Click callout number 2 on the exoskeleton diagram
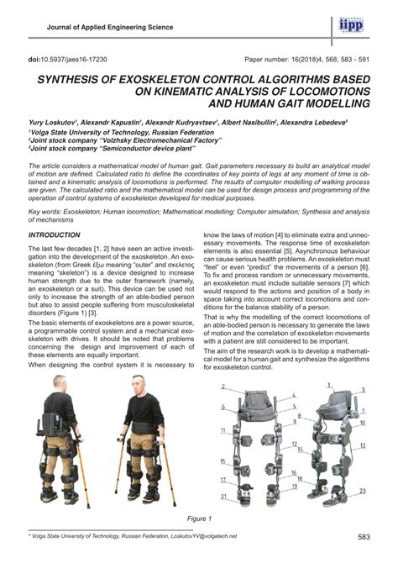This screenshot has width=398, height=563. point(223,388)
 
